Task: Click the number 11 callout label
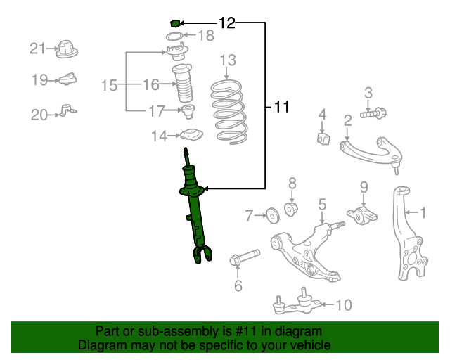[x=281, y=108]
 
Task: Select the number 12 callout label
[x=226, y=23]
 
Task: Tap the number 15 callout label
[x=109, y=86]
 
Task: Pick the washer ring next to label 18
[x=174, y=36]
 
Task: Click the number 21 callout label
[x=37, y=49]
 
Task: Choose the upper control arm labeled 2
[x=368, y=149]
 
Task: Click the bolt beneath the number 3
[x=372, y=112]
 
